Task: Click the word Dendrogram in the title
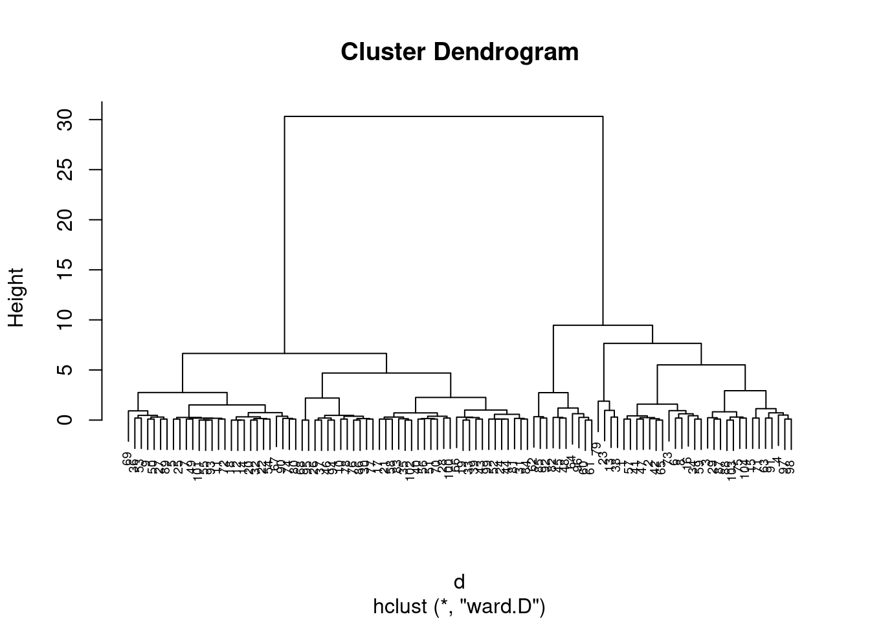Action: (x=507, y=52)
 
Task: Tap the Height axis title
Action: (x=16, y=298)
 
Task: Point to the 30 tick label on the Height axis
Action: (x=65, y=120)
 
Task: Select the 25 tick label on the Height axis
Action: (x=65, y=169)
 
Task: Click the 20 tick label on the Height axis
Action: (x=65, y=220)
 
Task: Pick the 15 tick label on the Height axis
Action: (x=65, y=270)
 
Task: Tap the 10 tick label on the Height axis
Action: (x=65, y=320)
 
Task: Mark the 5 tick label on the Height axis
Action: (x=65, y=370)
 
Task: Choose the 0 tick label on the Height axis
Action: (x=65, y=420)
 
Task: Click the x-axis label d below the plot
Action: (x=459, y=582)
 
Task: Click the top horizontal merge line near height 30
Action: (x=443, y=116)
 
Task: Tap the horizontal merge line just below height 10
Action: (x=602, y=325)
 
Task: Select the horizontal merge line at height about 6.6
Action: (x=285, y=353)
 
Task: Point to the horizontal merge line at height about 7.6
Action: (x=652, y=343)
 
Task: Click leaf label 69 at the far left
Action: (x=128, y=459)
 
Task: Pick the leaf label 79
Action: (x=597, y=448)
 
